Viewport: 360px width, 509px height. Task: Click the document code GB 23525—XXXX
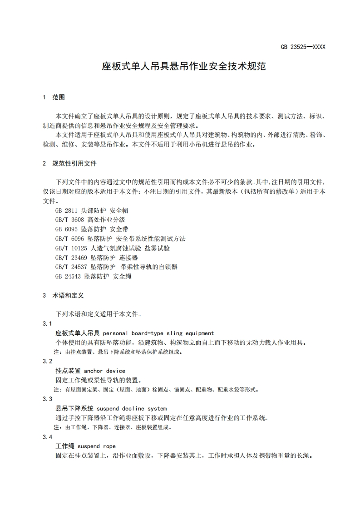tap(303, 47)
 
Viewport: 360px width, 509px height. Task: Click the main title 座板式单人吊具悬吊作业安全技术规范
tap(183, 67)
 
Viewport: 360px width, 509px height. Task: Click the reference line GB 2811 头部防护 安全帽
tap(89, 210)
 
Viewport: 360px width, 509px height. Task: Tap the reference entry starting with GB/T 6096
tap(120, 239)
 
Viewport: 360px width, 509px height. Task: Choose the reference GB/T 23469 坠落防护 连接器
tap(96, 258)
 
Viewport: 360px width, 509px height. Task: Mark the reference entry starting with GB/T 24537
tap(116, 267)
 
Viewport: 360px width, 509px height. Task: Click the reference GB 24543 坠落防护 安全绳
tap(93, 276)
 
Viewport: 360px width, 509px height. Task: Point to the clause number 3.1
tap(47, 323)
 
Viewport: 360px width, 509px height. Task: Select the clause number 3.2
tap(47, 361)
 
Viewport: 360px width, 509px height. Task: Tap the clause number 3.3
tap(47, 399)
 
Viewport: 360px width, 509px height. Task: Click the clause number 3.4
tap(47, 436)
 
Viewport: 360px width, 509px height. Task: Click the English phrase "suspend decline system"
tap(132, 408)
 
